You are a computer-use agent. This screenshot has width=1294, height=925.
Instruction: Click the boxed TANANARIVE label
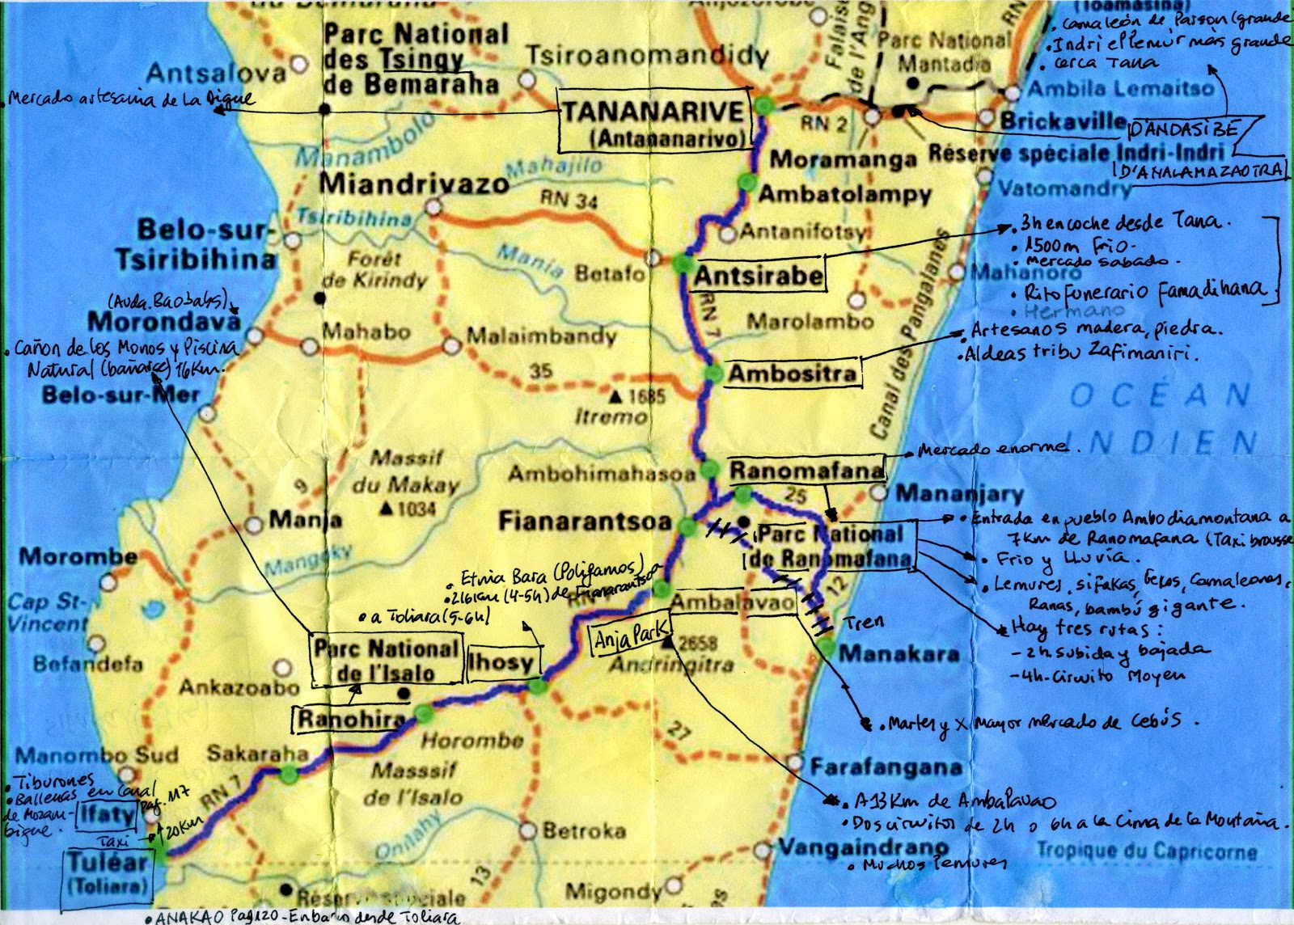click(x=652, y=122)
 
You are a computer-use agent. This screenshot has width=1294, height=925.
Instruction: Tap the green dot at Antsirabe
click(x=683, y=263)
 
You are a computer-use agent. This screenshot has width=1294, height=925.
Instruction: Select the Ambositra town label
click(x=792, y=374)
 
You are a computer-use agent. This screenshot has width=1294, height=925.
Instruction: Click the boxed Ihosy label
click(x=501, y=664)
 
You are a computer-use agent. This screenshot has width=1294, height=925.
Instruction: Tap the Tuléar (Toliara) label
click(x=108, y=872)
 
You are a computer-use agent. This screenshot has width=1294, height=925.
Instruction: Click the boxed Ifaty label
click(x=105, y=815)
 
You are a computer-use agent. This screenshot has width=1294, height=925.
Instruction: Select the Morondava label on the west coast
click(x=164, y=321)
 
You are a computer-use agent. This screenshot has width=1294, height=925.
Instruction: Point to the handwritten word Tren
click(x=864, y=622)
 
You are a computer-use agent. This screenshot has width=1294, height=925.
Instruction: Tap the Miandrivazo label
click(x=414, y=184)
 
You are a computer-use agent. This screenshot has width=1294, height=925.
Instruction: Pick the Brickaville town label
click(x=1063, y=120)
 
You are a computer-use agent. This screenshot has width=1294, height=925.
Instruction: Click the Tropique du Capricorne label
click(x=1147, y=851)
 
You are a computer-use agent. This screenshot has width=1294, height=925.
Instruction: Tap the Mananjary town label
click(x=959, y=493)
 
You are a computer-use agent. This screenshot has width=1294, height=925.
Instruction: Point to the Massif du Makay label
click(x=405, y=472)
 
